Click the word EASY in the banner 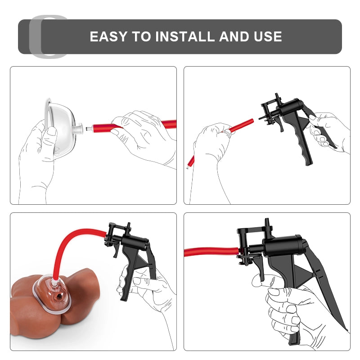point(108,36)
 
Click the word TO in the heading point(141,36)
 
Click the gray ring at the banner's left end point(35,37)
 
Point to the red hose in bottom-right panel point(211,252)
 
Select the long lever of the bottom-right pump point(326,287)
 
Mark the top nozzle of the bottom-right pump point(267,223)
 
